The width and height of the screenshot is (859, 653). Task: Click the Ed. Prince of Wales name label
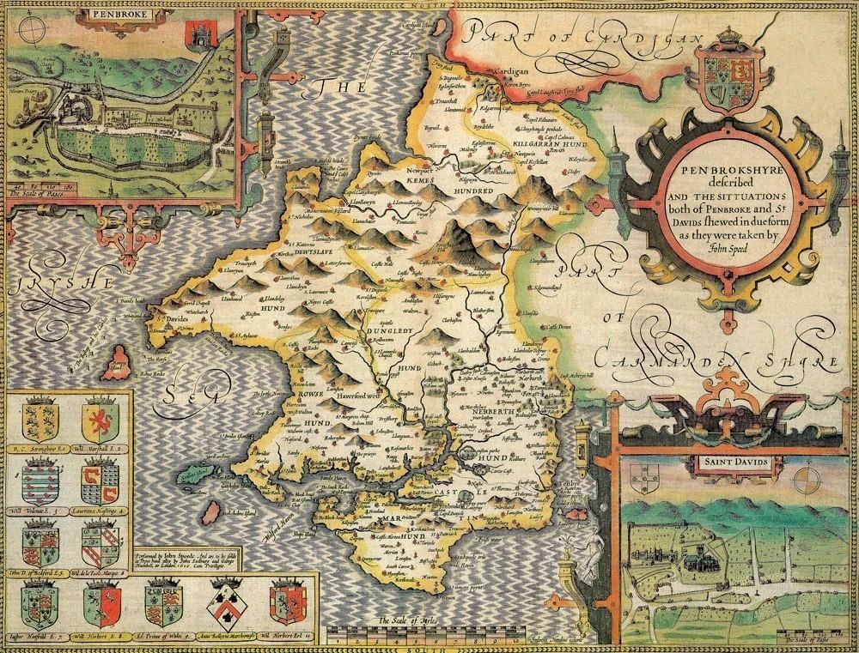coord(162,632)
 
